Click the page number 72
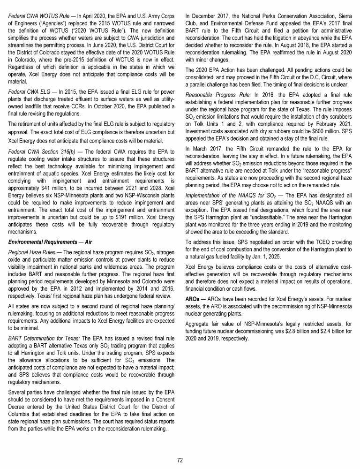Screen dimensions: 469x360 180,460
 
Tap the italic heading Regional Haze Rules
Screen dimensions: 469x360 32,253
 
